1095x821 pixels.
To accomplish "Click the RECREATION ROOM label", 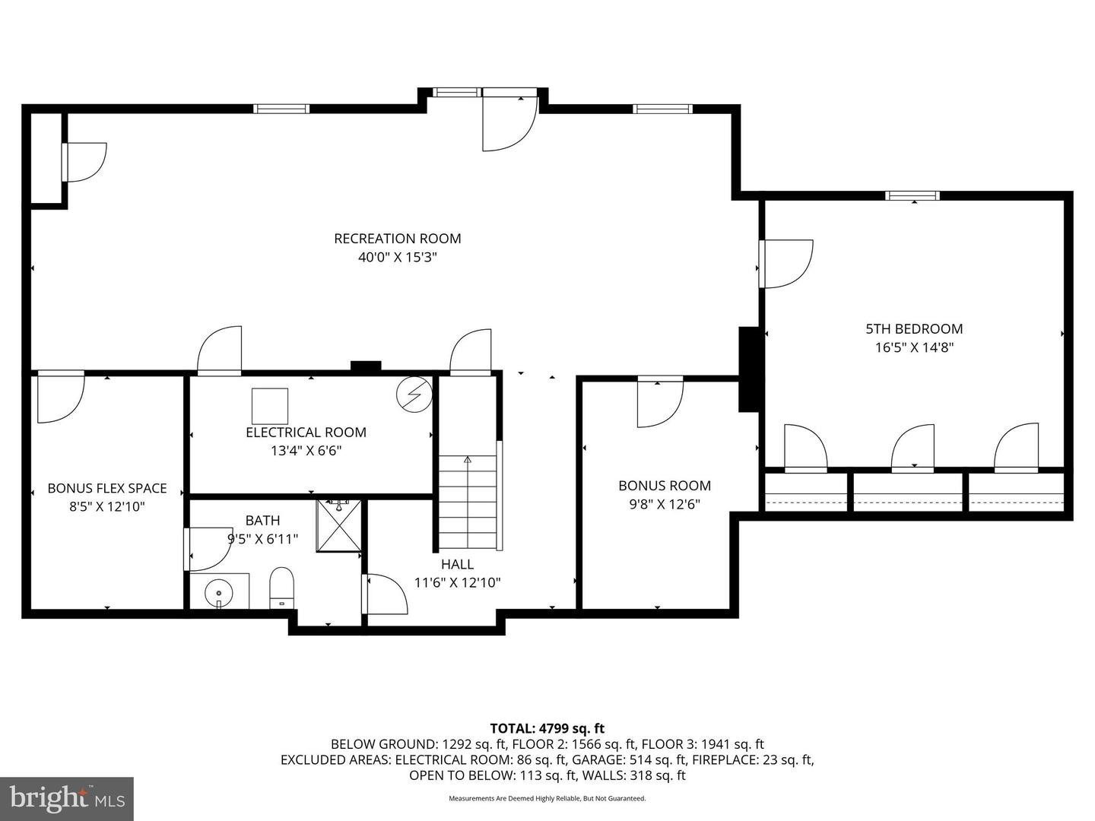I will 397,239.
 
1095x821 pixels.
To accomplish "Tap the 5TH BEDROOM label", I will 914,329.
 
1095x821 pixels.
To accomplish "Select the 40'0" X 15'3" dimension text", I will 397,258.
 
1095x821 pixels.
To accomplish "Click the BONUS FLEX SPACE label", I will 106,488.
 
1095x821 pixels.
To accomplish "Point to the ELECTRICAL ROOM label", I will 306,433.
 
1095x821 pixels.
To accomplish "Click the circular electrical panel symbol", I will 414,394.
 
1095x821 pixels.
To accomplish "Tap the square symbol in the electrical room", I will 270,406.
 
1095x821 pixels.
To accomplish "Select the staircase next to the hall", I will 468,502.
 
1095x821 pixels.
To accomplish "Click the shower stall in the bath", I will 339,525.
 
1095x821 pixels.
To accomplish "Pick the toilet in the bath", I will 281,588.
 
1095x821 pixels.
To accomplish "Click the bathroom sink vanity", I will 219,591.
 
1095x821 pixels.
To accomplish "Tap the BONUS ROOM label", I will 664,486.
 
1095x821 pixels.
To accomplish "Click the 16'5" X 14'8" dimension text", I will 914,348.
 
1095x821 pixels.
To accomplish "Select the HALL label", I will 457,564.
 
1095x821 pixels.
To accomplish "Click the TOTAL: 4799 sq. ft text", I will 547,729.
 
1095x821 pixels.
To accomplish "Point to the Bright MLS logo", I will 67,798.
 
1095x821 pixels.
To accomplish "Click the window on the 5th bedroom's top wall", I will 912,196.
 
